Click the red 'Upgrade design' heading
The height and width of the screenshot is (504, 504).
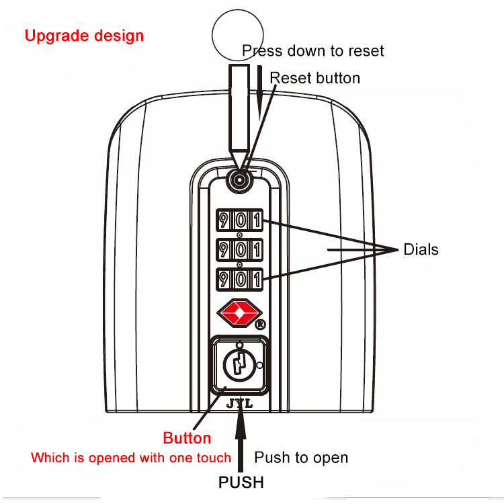point(84,36)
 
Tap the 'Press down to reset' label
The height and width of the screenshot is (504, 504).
point(313,51)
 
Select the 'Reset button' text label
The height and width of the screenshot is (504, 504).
point(314,78)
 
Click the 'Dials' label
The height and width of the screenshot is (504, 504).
point(421,249)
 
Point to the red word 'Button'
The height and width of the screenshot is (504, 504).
point(187,438)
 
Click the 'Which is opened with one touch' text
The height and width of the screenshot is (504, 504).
point(131,458)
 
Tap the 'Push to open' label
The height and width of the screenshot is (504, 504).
point(301,458)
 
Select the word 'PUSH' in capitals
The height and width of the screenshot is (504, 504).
point(241,482)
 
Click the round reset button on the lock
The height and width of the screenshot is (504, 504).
point(239,180)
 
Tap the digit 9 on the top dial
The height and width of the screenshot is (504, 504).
point(224,220)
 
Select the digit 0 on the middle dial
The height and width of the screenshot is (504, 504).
point(240,250)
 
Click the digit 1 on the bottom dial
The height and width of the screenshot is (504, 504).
point(257,280)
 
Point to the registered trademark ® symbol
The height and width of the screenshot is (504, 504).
point(260,325)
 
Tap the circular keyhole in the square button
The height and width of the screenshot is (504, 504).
point(240,364)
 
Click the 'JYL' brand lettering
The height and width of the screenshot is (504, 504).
point(240,404)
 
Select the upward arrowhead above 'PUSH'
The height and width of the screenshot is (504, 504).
point(241,423)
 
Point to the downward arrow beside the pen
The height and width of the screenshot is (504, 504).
point(259,93)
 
